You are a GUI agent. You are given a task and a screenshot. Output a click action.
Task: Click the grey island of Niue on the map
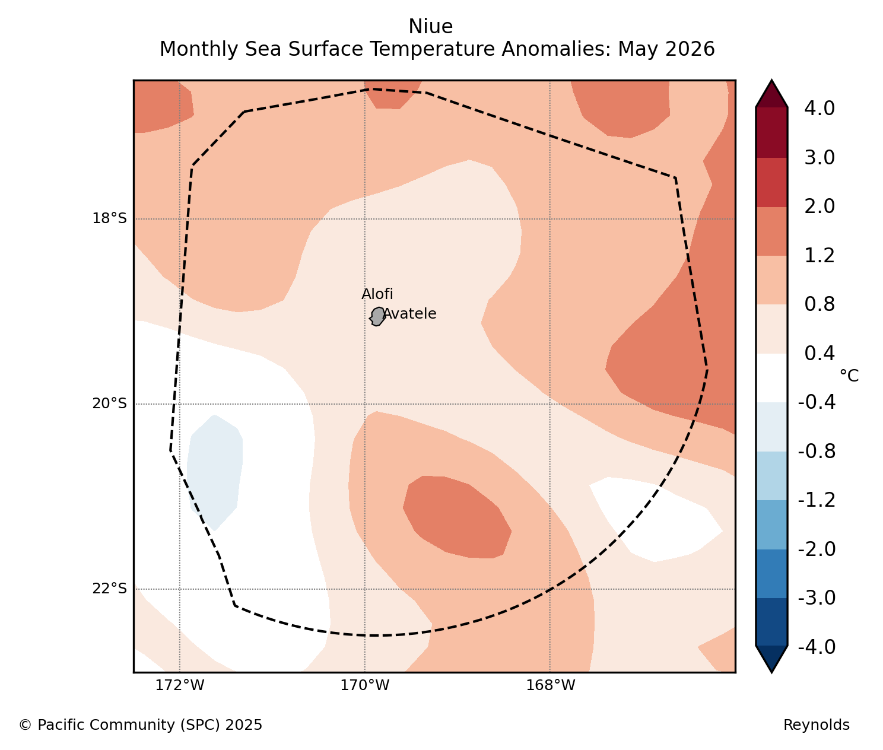[377, 316]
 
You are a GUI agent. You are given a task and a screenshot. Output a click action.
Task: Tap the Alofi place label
[377, 294]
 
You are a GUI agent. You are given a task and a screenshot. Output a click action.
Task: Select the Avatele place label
[409, 314]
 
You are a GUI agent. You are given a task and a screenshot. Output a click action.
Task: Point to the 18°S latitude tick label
[110, 219]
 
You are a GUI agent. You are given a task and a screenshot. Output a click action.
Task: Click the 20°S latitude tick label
[110, 403]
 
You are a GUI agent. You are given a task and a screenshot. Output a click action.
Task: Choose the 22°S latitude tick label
[110, 589]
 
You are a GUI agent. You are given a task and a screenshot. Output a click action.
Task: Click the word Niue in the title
[431, 27]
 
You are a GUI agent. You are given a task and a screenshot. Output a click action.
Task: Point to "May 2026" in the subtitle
[666, 49]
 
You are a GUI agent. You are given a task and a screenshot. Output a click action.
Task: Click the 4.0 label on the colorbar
[820, 109]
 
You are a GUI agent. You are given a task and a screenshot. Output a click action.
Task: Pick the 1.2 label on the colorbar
[820, 256]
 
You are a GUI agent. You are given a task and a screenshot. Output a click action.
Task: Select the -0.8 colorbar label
[817, 452]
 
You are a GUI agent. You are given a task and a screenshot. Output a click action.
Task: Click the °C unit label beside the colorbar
[849, 376]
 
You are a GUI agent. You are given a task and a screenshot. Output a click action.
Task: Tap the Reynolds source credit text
[817, 725]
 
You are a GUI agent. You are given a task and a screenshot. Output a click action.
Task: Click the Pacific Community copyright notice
[141, 725]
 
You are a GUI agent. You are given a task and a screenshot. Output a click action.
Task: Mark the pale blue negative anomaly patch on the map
[215, 472]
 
